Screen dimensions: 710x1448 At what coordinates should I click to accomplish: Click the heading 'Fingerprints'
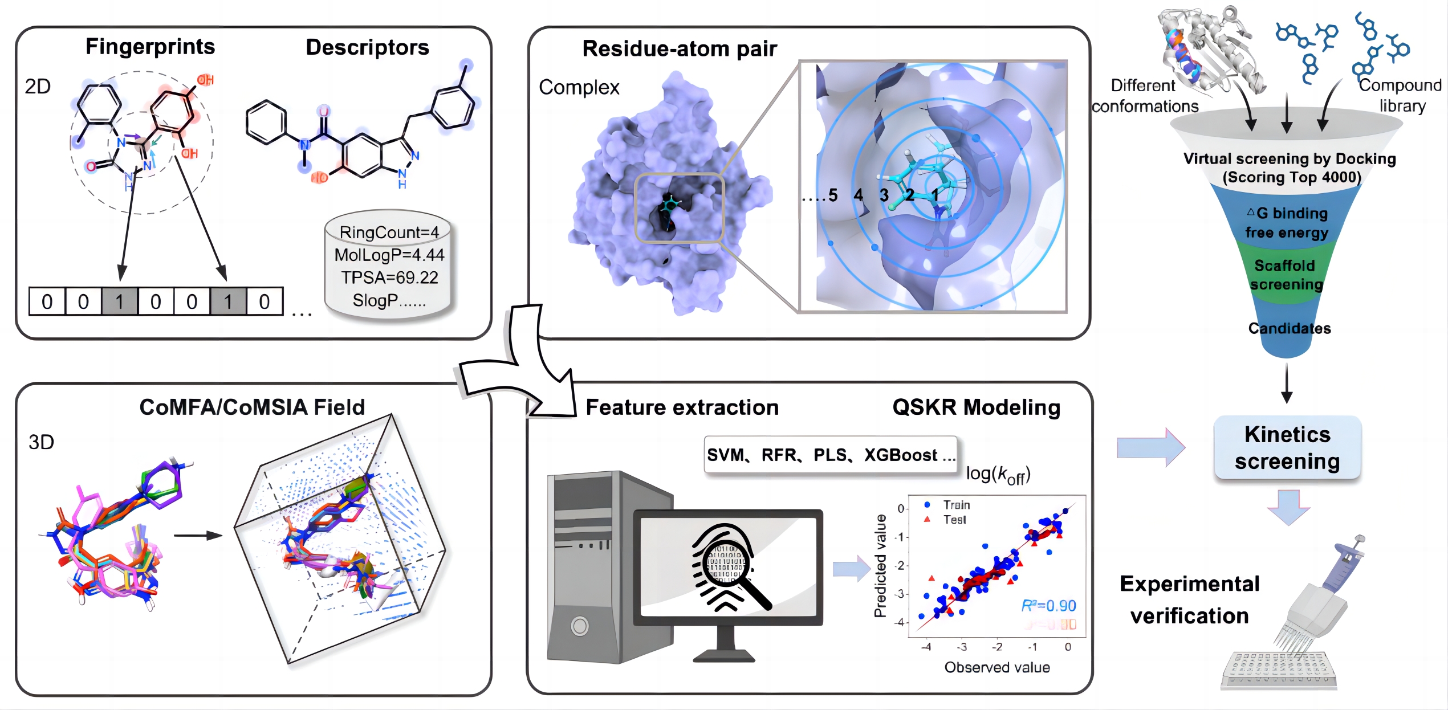(150, 47)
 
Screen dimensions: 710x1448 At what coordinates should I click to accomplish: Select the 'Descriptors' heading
(367, 47)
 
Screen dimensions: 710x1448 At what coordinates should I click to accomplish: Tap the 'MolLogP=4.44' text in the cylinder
(389, 255)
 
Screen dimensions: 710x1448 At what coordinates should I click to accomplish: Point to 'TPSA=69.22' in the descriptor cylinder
(389, 278)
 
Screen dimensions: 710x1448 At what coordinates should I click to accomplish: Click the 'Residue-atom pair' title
(679, 49)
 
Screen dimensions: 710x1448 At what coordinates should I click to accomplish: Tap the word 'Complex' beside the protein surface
(579, 87)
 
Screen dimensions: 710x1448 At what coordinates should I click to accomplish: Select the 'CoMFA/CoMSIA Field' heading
(252, 407)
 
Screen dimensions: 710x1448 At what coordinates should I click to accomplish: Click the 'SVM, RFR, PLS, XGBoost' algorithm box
(830, 455)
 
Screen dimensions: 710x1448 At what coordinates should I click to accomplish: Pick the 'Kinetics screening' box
(1287, 448)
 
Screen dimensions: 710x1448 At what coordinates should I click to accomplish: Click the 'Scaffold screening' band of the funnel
(1286, 275)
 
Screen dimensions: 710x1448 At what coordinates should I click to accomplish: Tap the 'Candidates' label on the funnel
(1289, 328)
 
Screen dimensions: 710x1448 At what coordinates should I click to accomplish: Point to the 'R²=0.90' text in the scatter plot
(1048, 605)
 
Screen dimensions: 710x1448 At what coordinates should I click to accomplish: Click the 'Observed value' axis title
(996, 667)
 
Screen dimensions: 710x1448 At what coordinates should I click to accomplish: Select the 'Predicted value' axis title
(880, 566)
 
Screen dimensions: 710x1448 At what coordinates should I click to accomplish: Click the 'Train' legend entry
(955, 505)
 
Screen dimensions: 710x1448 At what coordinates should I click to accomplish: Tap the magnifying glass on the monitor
(730, 567)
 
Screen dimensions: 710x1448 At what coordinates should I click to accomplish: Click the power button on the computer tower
(580, 626)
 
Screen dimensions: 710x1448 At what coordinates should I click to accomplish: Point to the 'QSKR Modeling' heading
(976, 407)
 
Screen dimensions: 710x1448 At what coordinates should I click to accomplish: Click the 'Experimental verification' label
(1189, 599)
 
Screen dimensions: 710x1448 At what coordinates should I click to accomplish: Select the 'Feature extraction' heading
(682, 407)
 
